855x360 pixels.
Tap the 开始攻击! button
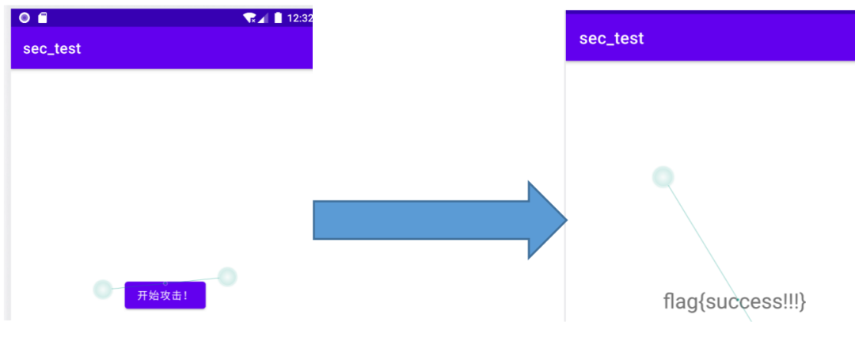click(x=165, y=296)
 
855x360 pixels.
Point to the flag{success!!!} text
click(x=734, y=301)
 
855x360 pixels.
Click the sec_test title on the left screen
click(x=52, y=48)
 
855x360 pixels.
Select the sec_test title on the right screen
click(x=611, y=38)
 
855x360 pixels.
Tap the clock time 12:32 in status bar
click(x=300, y=17)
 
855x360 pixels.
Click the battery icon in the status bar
click(x=278, y=17)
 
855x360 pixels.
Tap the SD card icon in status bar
click(x=43, y=17)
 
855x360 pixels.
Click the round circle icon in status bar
click(x=25, y=17)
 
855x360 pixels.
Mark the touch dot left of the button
click(x=102, y=289)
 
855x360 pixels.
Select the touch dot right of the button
click(x=227, y=276)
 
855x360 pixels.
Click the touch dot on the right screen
click(x=663, y=176)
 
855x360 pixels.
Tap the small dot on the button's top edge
click(x=165, y=282)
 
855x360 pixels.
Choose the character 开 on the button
click(x=142, y=296)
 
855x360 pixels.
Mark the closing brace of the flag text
click(x=802, y=301)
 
